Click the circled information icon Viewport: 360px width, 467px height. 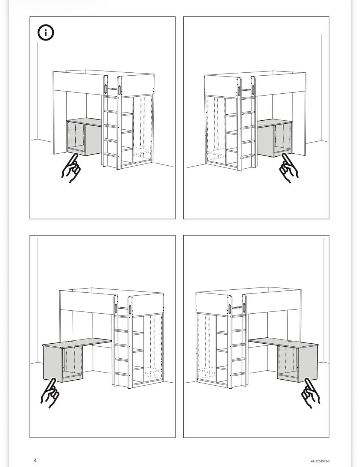pos(46,33)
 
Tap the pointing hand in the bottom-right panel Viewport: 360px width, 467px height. pos(311,393)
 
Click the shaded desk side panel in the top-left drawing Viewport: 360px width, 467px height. pos(93,140)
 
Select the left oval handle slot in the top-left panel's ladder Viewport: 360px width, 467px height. pos(105,89)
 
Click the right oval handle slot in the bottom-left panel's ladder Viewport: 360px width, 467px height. pos(130,309)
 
